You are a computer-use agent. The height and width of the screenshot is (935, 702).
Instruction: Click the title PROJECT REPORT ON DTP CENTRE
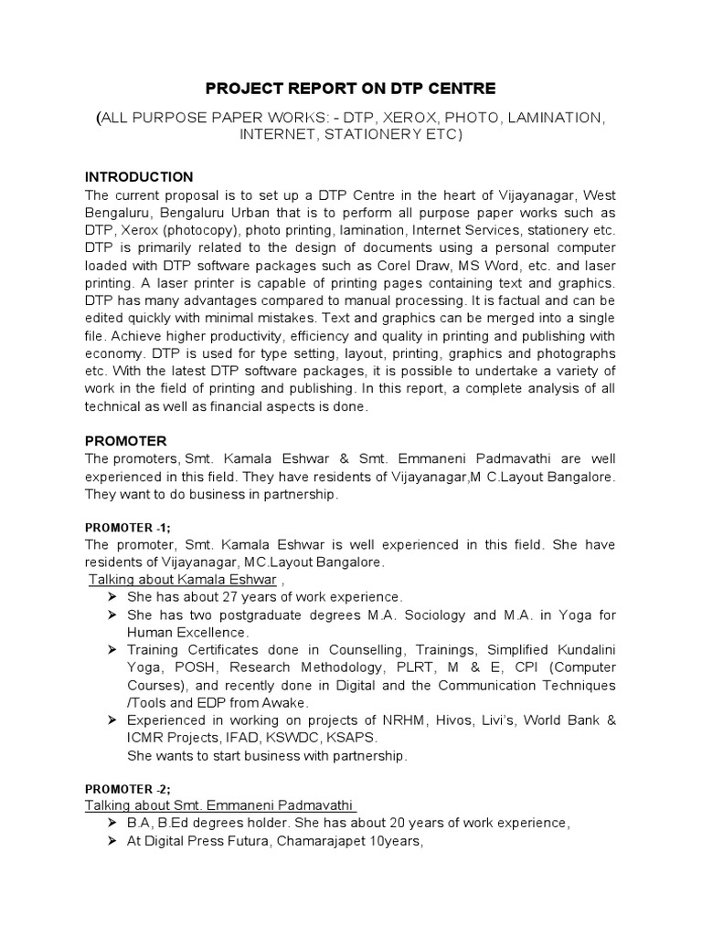[x=350, y=89]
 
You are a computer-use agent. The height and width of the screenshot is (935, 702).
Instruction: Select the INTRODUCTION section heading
[x=138, y=176]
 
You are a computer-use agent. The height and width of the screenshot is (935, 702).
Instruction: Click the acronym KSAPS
[x=357, y=738]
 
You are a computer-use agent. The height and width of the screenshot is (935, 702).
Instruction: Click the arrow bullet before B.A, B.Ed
[x=111, y=823]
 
